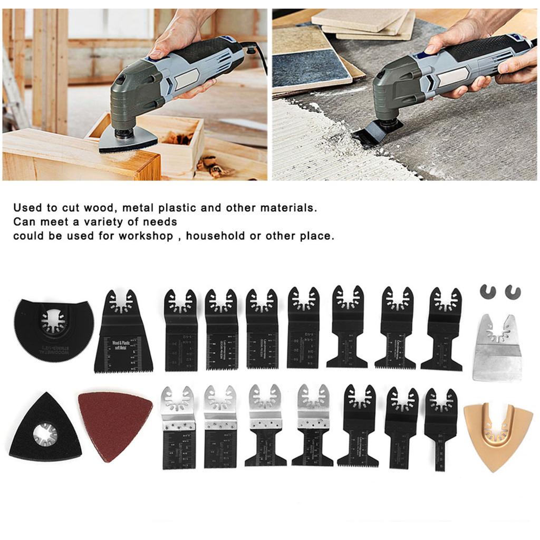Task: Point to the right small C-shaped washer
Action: [512, 291]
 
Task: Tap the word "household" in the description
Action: [216, 235]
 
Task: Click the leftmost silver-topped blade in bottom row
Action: [179, 427]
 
